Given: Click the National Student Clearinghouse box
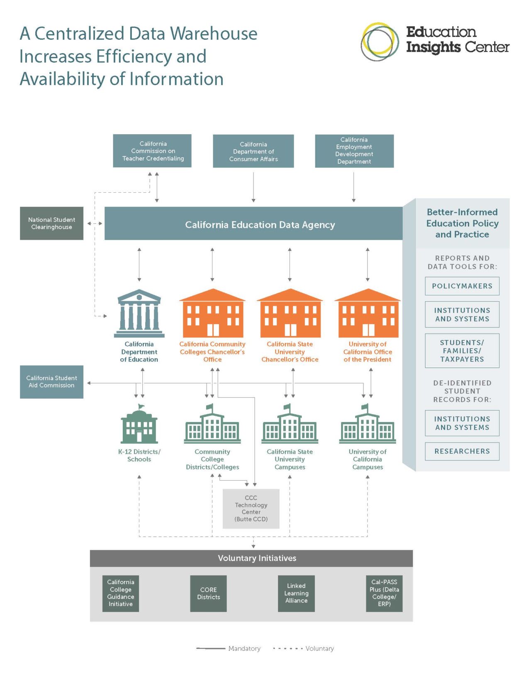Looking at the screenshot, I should pos(51,223).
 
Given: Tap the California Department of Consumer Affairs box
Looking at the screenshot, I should pos(253,151).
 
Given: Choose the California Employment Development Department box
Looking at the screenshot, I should pos(354,151).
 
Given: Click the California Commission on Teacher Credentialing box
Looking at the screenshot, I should pos(152,151).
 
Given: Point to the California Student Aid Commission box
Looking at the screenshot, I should pos(51,382).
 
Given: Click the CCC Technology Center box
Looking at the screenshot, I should pos(251,509).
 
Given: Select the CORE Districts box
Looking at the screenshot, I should pos(208,593).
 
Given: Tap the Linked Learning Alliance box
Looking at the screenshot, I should pos(296,593).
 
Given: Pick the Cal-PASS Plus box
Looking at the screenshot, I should pos(384,593).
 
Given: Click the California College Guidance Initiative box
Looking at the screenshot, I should pos(121,593).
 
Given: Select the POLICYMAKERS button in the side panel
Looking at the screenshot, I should pos(462,286).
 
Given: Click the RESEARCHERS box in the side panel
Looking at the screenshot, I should pos(462,451).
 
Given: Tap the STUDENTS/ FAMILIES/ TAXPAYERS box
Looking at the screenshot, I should pos(462,351).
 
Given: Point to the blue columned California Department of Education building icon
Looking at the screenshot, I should pos(139,313).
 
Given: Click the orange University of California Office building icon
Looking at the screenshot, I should pos(368,313).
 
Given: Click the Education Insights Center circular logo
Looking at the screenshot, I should pos(377,42).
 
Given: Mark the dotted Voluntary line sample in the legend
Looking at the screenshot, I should pos(288,649).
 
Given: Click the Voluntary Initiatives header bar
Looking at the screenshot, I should pos(251,558).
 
